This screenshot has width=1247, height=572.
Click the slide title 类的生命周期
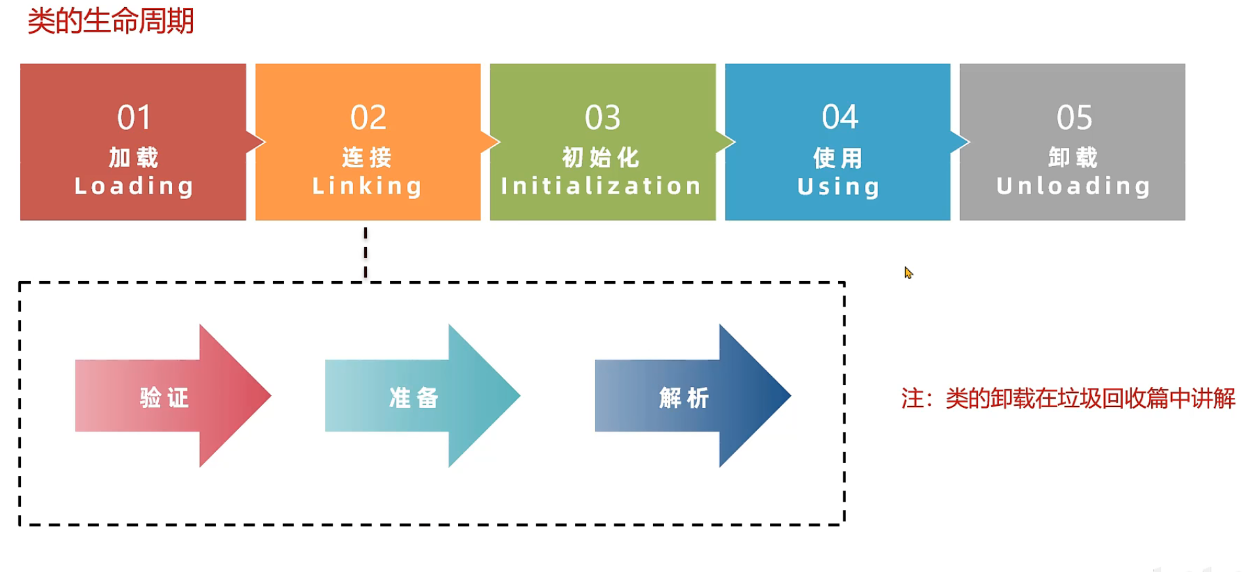110,21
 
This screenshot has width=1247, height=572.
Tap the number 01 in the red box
134,118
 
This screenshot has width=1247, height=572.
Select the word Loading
134,186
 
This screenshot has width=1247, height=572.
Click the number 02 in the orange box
368,118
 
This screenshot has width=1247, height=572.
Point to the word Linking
367,186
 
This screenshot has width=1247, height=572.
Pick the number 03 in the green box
602,118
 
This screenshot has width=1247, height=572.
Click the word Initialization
601,186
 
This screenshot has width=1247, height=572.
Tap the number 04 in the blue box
839,117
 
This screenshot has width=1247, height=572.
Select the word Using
838,187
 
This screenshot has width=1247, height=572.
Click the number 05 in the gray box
1074,118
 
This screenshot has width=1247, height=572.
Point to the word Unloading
1073,186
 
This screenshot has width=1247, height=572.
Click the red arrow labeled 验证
172,396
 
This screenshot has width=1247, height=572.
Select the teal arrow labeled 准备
421,396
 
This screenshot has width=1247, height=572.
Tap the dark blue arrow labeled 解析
692,396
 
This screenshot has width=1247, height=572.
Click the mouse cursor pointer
908,273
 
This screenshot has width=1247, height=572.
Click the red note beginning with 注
1068,399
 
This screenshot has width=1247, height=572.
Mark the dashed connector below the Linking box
366,252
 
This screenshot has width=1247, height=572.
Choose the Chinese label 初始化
601,158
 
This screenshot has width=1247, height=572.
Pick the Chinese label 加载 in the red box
134,158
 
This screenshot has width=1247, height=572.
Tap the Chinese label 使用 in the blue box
838,158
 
